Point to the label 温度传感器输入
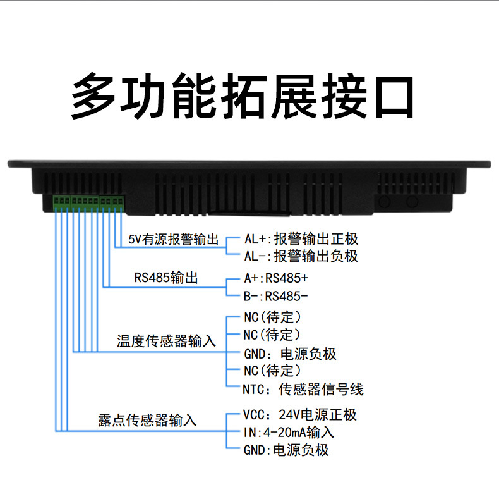166,342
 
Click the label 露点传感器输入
147,419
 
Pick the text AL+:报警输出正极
301,239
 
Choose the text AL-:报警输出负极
301,256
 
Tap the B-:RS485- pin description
275,295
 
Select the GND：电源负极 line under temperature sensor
290,354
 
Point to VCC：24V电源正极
299,415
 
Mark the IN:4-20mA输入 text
288,433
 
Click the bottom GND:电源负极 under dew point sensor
286,450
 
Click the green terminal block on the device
89,202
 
